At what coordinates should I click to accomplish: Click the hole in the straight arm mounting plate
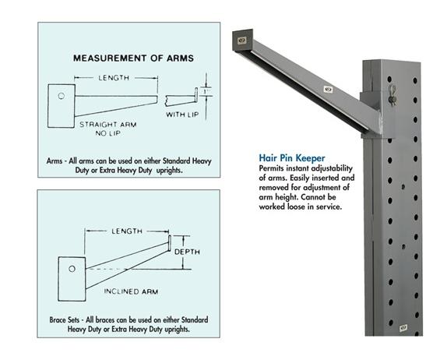coord(60,97)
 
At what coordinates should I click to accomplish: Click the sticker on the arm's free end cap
coord(241,37)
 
